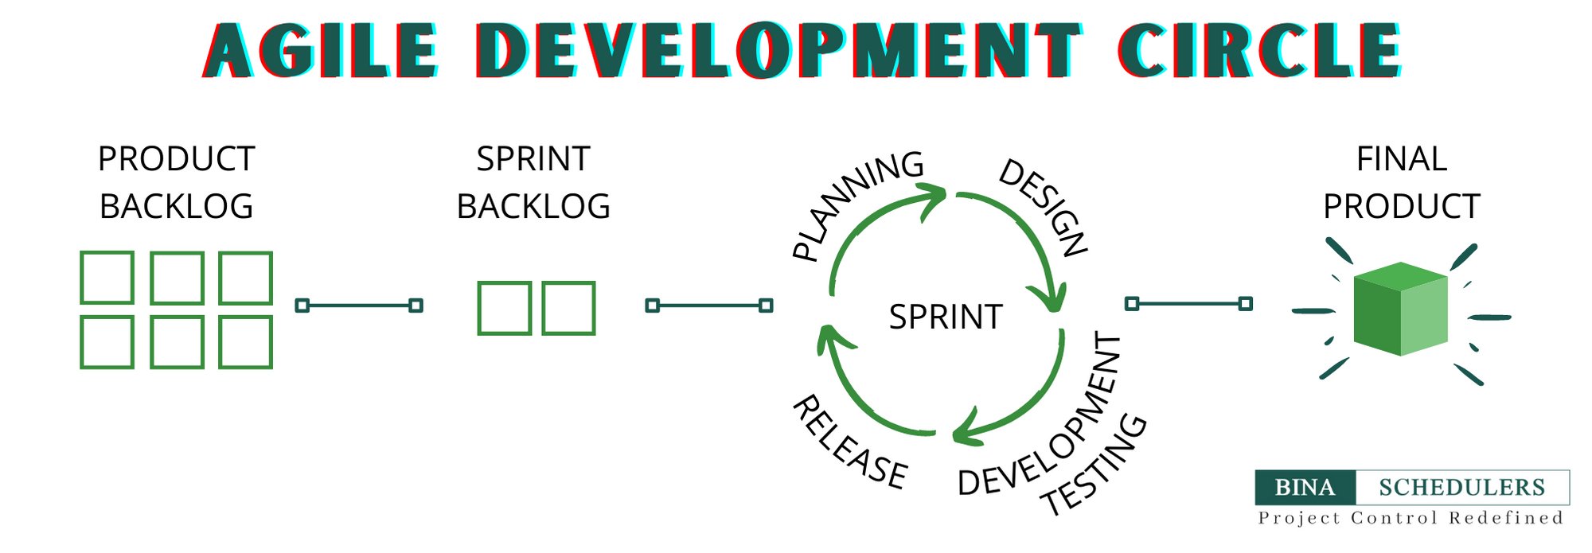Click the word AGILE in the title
pos(320,50)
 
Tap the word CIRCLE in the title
pos(1259,50)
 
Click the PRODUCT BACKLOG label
pos(176,182)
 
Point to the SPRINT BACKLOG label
pos(533,182)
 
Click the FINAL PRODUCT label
pos(1401,182)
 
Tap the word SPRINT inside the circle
pos(946,317)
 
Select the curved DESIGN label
pos(1044,207)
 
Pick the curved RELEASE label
pos(849,442)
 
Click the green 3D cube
pos(1400,309)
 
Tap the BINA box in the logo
pos(1305,487)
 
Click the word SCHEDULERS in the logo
pos(1462,487)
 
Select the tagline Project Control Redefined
pos(1411,518)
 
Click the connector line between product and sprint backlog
pos(359,306)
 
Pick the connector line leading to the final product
pos(1189,303)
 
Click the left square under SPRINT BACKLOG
pos(504,308)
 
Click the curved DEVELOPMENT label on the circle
pos(1040,415)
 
